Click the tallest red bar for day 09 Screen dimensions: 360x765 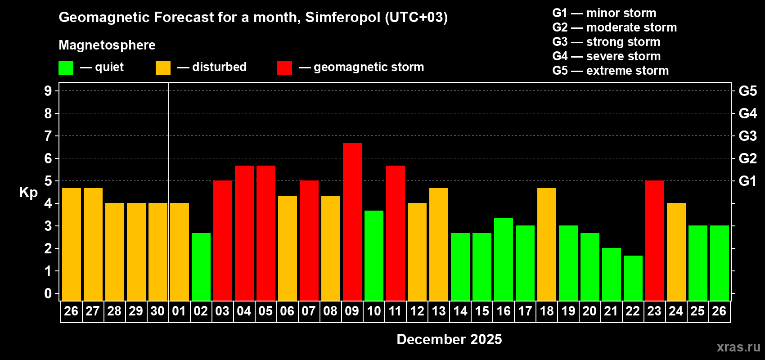click(x=352, y=221)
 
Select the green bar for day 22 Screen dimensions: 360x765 click(x=633, y=278)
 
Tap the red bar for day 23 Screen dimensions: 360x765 click(x=654, y=240)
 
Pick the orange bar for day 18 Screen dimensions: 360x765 click(x=546, y=244)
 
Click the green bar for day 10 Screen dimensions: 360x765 click(x=373, y=255)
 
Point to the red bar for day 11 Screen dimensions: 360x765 click(x=395, y=233)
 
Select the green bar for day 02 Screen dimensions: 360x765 click(x=201, y=266)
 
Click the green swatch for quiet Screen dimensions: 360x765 click(x=66, y=68)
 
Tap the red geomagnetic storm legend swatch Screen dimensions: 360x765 click(x=284, y=68)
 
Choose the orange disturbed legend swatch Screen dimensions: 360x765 click(x=163, y=68)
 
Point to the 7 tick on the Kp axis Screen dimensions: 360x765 click(x=48, y=136)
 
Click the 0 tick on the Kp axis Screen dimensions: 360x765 click(x=48, y=293)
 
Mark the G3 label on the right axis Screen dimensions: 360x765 click(x=747, y=136)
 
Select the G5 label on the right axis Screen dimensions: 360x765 click(x=747, y=91)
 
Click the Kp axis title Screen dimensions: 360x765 click(x=28, y=193)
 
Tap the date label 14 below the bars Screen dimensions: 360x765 click(x=460, y=311)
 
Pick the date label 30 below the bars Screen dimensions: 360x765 click(x=157, y=311)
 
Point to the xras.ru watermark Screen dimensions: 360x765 click(x=738, y=347)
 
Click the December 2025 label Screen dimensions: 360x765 click(x=449, y=339)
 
